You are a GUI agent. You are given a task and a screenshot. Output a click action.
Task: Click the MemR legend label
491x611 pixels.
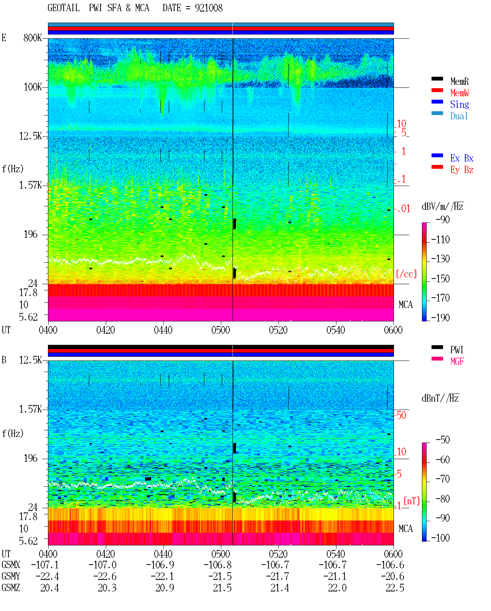point(459,81)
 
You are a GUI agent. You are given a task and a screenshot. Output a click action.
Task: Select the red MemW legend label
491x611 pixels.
point(459,93)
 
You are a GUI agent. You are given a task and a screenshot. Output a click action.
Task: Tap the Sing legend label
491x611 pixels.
point(459,104)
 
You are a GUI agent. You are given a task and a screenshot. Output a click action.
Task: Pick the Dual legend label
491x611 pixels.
point(459,116)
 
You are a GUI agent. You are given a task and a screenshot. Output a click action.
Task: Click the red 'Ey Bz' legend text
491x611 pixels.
point(462,170)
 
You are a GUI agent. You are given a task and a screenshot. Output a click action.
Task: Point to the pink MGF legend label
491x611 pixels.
point(457,361)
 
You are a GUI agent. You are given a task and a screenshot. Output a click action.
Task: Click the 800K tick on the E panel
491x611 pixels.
point(33,38)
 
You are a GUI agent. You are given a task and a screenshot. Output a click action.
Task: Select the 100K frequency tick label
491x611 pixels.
point(33,87)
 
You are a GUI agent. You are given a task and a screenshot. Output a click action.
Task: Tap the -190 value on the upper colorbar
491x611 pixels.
point(440,318)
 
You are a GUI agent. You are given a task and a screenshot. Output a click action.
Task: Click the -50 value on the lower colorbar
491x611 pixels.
point(443,440)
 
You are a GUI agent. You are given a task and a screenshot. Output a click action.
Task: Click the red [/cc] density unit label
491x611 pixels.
point(406,274)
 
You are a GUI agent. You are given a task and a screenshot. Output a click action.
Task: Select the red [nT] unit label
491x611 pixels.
point(412,501)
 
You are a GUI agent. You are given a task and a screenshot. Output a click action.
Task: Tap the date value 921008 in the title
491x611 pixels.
point(209,8)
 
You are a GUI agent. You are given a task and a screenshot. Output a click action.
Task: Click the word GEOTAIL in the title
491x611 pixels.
point(64,8)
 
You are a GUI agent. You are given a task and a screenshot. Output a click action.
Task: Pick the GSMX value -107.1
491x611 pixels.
point(45,565)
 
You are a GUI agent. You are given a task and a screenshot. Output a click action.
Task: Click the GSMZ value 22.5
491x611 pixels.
point(395,588)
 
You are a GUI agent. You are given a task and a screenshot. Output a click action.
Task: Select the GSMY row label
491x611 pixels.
point(11,576)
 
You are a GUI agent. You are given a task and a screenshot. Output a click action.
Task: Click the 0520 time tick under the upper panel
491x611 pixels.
point(278,330)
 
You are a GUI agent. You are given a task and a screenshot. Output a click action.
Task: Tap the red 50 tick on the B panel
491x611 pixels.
point(401,415)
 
